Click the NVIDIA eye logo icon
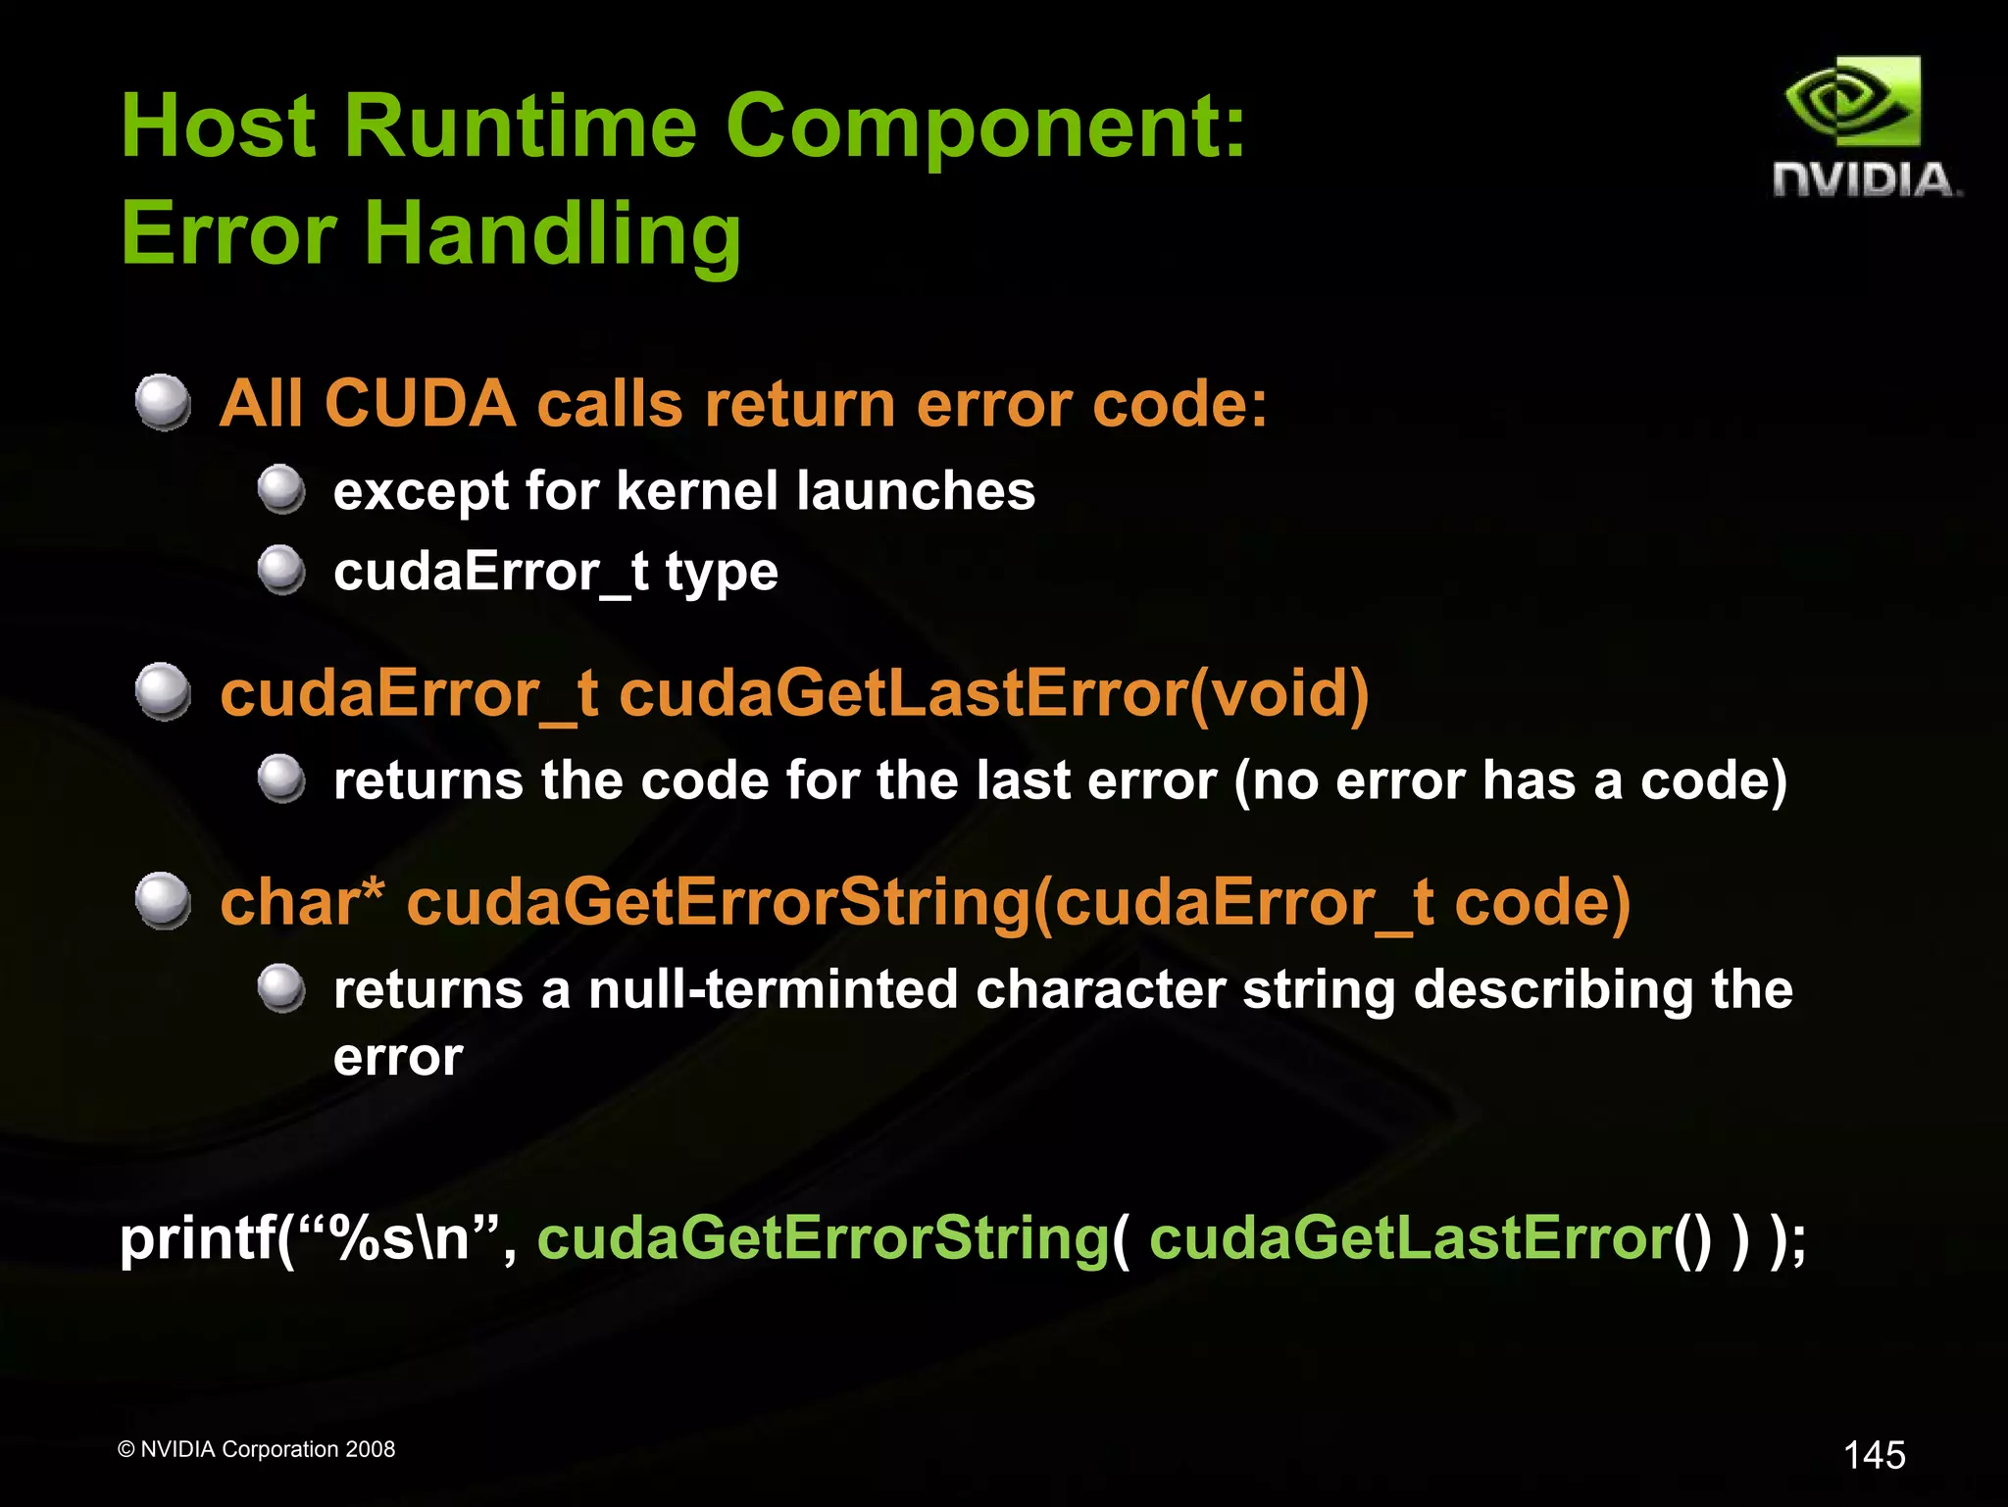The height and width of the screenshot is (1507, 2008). (x=1852, y=102)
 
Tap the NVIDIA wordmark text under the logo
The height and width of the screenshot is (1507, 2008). (x=1866, y=180)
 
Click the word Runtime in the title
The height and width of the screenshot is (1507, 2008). (x=520, y=127)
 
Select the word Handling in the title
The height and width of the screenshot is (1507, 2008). (x=553, y=235)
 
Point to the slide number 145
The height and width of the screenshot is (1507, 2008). (x=1874, y=1455)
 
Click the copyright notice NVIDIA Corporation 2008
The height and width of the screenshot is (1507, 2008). (x=256, y=1449)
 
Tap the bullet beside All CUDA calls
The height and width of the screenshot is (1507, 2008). (x=163, y=402)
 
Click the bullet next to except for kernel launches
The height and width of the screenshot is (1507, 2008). (x=282, y=489)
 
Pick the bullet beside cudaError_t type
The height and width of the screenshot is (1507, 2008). (x=282, y=570)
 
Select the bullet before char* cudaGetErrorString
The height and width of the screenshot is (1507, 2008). (x=163, y=900)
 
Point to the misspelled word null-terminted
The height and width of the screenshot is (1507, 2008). (x=773, y=988)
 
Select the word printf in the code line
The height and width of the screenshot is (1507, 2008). (x=196, y=1238)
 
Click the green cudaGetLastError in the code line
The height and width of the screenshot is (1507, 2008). (x=1410, y=1238)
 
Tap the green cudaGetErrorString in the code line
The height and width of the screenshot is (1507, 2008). (x=822, y=1238)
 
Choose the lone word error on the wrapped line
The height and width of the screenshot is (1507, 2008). (x=398, y=1057)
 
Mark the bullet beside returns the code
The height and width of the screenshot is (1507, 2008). (x=282, y=779)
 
